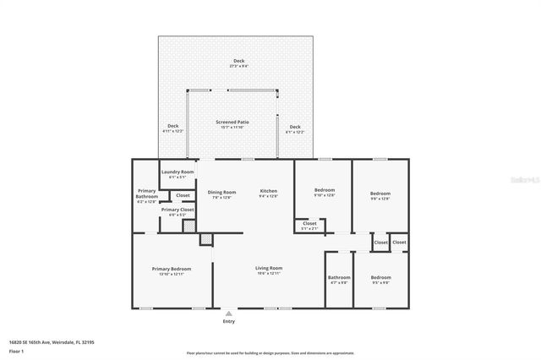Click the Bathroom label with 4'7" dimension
(x=339, y=279)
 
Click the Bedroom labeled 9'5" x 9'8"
(x=380, y=279)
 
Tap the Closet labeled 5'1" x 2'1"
(x=310, y=225)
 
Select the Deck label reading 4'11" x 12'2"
(x=172, y=128)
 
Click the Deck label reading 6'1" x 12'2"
(x=294, y=128)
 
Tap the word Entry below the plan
(x=229, y=322)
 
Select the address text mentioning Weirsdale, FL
(x=52, y=342)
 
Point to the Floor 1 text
(x=17, y=351)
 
